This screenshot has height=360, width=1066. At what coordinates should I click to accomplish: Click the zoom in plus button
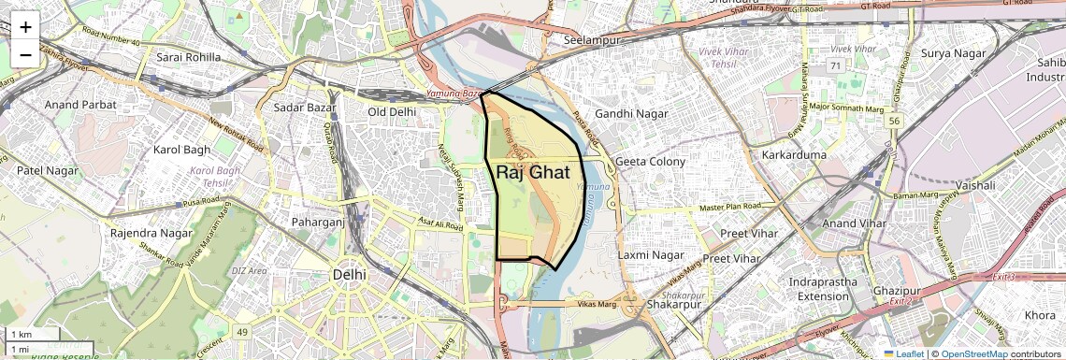point(25,26)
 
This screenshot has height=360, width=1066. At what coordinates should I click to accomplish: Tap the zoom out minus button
point(25,54)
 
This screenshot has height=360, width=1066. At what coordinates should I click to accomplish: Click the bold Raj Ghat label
point(533,172)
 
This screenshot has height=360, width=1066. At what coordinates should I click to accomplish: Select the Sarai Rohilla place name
point(189,57)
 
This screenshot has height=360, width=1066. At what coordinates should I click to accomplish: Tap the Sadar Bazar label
point(304,108)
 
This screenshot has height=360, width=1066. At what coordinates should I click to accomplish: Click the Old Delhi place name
point(391,112)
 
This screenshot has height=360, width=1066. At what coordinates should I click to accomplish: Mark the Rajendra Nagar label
point(150,232)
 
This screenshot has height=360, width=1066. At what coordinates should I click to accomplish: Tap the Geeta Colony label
point(650,162)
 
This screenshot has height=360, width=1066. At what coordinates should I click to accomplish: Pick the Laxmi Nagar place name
point(652,254)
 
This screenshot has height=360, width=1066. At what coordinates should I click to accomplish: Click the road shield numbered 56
point(895,121)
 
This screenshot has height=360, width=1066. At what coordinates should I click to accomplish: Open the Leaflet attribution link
point(906,353)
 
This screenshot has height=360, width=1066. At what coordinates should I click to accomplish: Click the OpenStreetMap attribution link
point(973,353)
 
